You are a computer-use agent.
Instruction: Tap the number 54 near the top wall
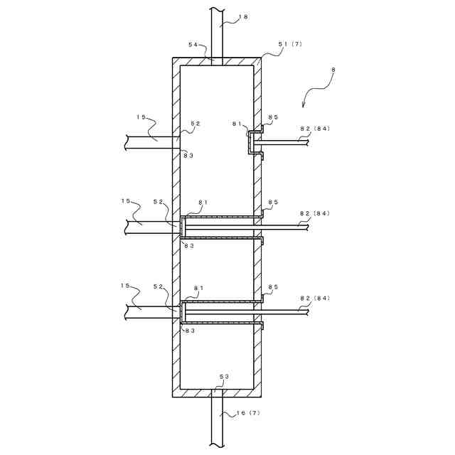pos(193,44)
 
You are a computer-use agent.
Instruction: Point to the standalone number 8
pos(333,70)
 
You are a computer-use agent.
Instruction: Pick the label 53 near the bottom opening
pos(224,376)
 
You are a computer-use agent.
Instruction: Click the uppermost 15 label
pos(141,117)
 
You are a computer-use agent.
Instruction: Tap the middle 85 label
pos(273,203)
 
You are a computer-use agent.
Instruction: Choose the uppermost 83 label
pos(188,155)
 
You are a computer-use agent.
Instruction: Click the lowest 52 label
pos(159,287)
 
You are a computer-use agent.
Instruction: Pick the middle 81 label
pos(202,203)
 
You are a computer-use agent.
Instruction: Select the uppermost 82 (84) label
pos(315,129)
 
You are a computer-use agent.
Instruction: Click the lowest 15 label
pos(126,286)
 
